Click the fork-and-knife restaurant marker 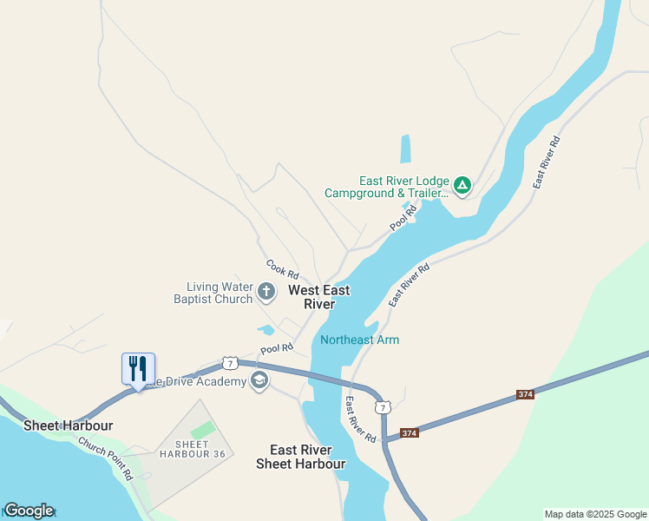click(138, 369)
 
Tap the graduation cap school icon click(259, 380)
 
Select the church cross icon click(266, 291)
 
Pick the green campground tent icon click(463, 185)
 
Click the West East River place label click(319, 297)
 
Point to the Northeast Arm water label click(359, 340)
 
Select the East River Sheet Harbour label click(300, 457)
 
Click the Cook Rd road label click(282, 268)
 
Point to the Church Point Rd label click(107, 458)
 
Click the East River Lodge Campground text click(387, 187)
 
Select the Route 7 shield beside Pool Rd click(229, 362)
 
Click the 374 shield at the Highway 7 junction click(410, 432)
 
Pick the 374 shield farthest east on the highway click(525, 394)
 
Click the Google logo click(28, 511)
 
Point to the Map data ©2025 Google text click(595, 514)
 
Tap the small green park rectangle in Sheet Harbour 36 click(202, 430)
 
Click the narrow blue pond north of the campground click(405, 148)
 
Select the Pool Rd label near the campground click(403, 218)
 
